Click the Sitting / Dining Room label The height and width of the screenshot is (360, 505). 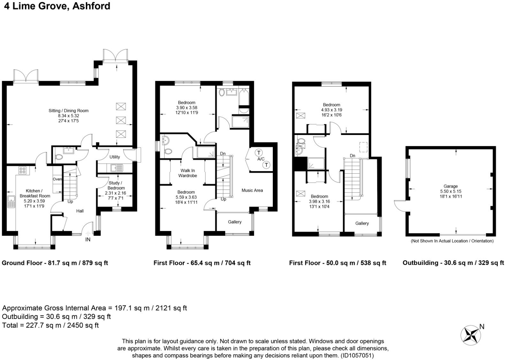click(x=69, y=111)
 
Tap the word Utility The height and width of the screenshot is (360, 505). click(x=115, y=157)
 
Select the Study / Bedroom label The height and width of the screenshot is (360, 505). click(x=116, y=185)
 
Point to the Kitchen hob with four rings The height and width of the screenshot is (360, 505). click(x=22, y=170)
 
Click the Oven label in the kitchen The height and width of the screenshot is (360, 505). click(x=57, y=179)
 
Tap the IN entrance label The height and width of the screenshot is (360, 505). click(x=88, y=239)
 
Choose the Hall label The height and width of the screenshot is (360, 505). click(x=80, y=211)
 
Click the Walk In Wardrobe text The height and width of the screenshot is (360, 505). click(x=187, y=173)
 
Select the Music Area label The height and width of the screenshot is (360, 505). click(x=252, y=190)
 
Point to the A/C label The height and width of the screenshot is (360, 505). click(x=261, y=159)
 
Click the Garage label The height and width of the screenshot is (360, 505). click(x=450, y=186)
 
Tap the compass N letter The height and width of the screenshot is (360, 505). click(x=482, y=326)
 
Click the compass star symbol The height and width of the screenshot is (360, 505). click(x=471, y=335)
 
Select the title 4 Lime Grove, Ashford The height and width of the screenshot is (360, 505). click(x=57, y=6)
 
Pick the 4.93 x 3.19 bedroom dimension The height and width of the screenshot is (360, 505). click(x=332, y=110)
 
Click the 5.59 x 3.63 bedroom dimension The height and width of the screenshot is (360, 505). click(x=186, y=197)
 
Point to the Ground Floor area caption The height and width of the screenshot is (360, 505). click(x=55, y=263)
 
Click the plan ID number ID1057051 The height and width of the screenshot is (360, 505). click(x=357, y=356)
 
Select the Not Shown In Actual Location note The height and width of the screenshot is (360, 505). click(x=452, y=241)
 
